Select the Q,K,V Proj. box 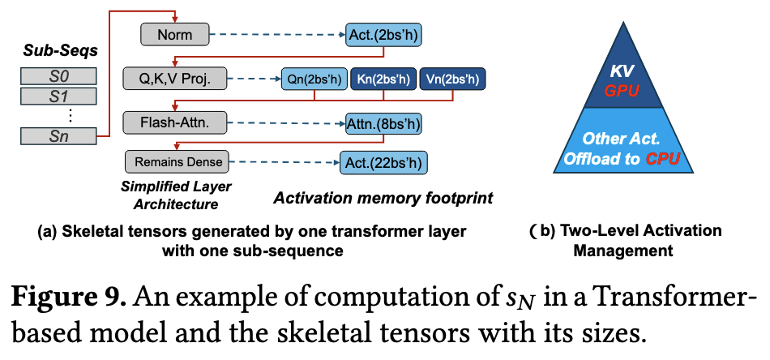tap(174, 79)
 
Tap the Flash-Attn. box tap(173, 122)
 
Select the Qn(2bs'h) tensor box tap(314, 79)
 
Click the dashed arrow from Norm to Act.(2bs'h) tap(276, 35)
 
